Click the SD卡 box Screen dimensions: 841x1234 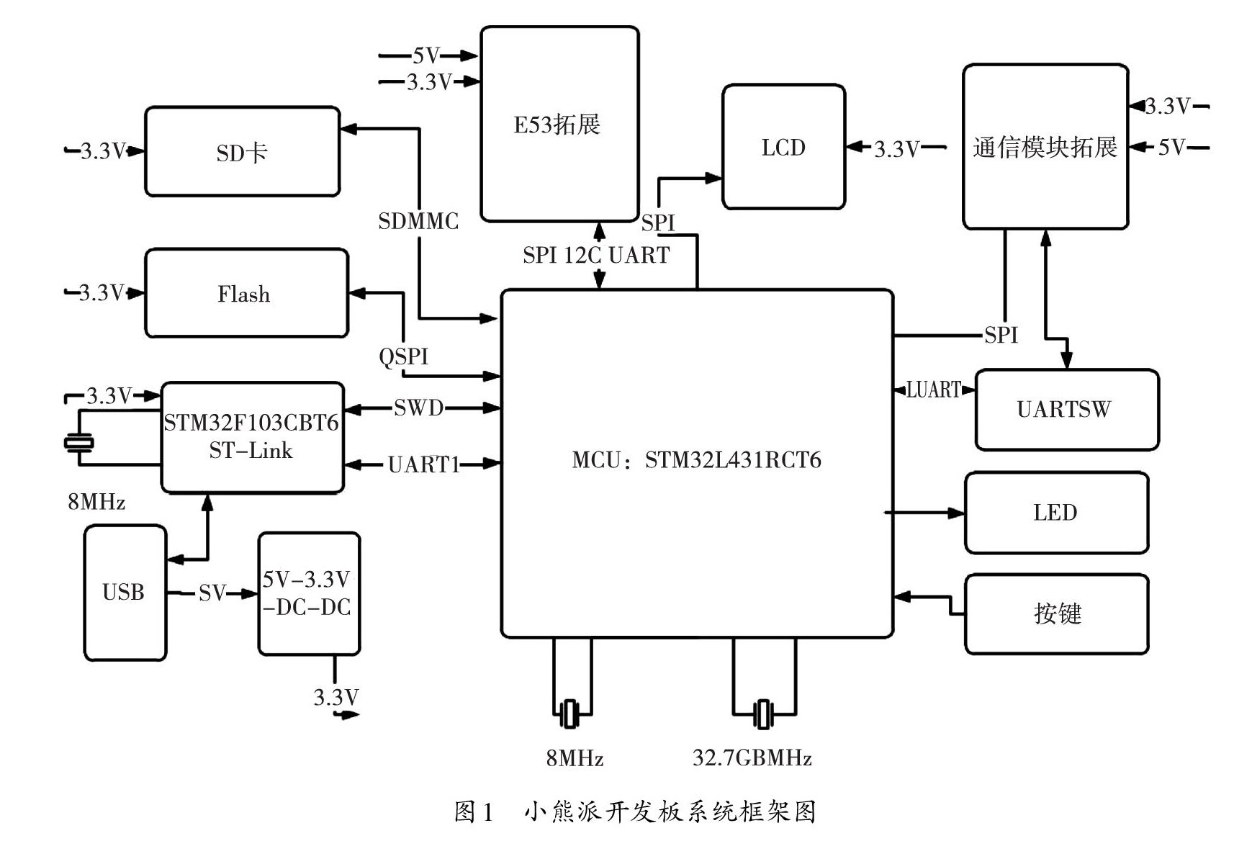[x=242, y=152]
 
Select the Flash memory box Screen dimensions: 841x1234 [x=246, y=293]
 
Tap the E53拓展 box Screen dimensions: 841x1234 [x=559, y=124]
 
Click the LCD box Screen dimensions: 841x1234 [x=783, y=147]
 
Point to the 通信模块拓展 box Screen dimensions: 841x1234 [x=1045, y=147]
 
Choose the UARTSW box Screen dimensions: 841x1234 [x=1066, y=410]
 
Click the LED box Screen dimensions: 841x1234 [x=1056, y=513]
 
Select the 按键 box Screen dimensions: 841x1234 [x=1056, y=613]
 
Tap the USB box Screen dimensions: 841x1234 [x=125, y=593]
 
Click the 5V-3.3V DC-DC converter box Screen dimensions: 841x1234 [x=309, y=593]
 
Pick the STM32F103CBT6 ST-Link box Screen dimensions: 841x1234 [x=252, y=437]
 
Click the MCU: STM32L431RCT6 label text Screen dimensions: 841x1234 [x=696, y=460]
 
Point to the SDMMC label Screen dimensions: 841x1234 [x=418, y=221]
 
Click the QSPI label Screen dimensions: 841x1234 [x=404, y=356]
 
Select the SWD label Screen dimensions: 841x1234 [x=418, y=408]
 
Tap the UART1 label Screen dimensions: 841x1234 [x=423, y=464]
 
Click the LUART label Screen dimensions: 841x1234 [x=934, y=390]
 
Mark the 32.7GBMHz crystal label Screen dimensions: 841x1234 [x=752, y=758]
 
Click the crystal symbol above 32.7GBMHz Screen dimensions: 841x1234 [x=763, y=714]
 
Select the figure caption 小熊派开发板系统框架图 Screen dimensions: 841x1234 [x=670, y=812]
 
